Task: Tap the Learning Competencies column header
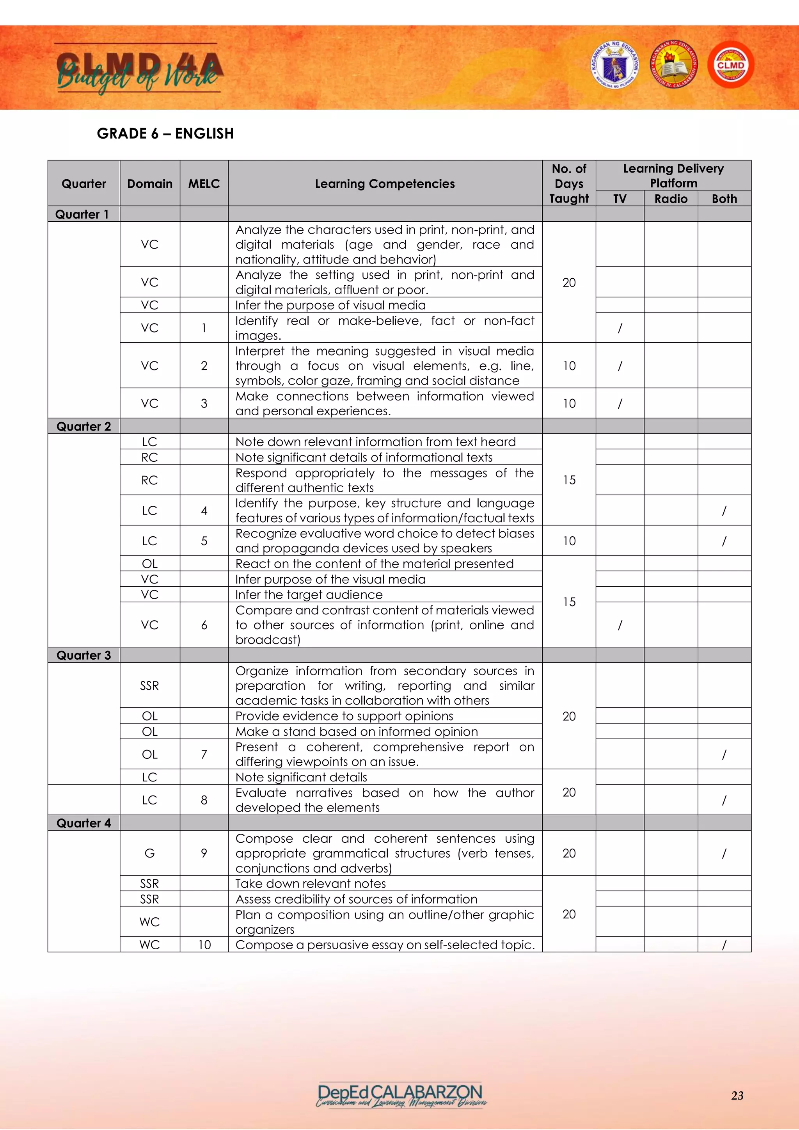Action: tap(385, 183)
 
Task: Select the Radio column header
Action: tap(671, 199)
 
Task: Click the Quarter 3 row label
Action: tap(83, 655)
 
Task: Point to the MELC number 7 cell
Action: tap(204, 754)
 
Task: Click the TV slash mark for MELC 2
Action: tap(620, 366)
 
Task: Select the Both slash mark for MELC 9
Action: tap(724, 853)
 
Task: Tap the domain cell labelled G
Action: tap(149, 853)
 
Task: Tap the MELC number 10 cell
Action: tap(204, 945)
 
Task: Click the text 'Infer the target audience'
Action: tap(309, 594)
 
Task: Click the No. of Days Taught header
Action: tap(569, 183)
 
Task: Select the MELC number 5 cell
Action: tap(204, 541)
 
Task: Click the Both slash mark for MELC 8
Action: tap(724, 800)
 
